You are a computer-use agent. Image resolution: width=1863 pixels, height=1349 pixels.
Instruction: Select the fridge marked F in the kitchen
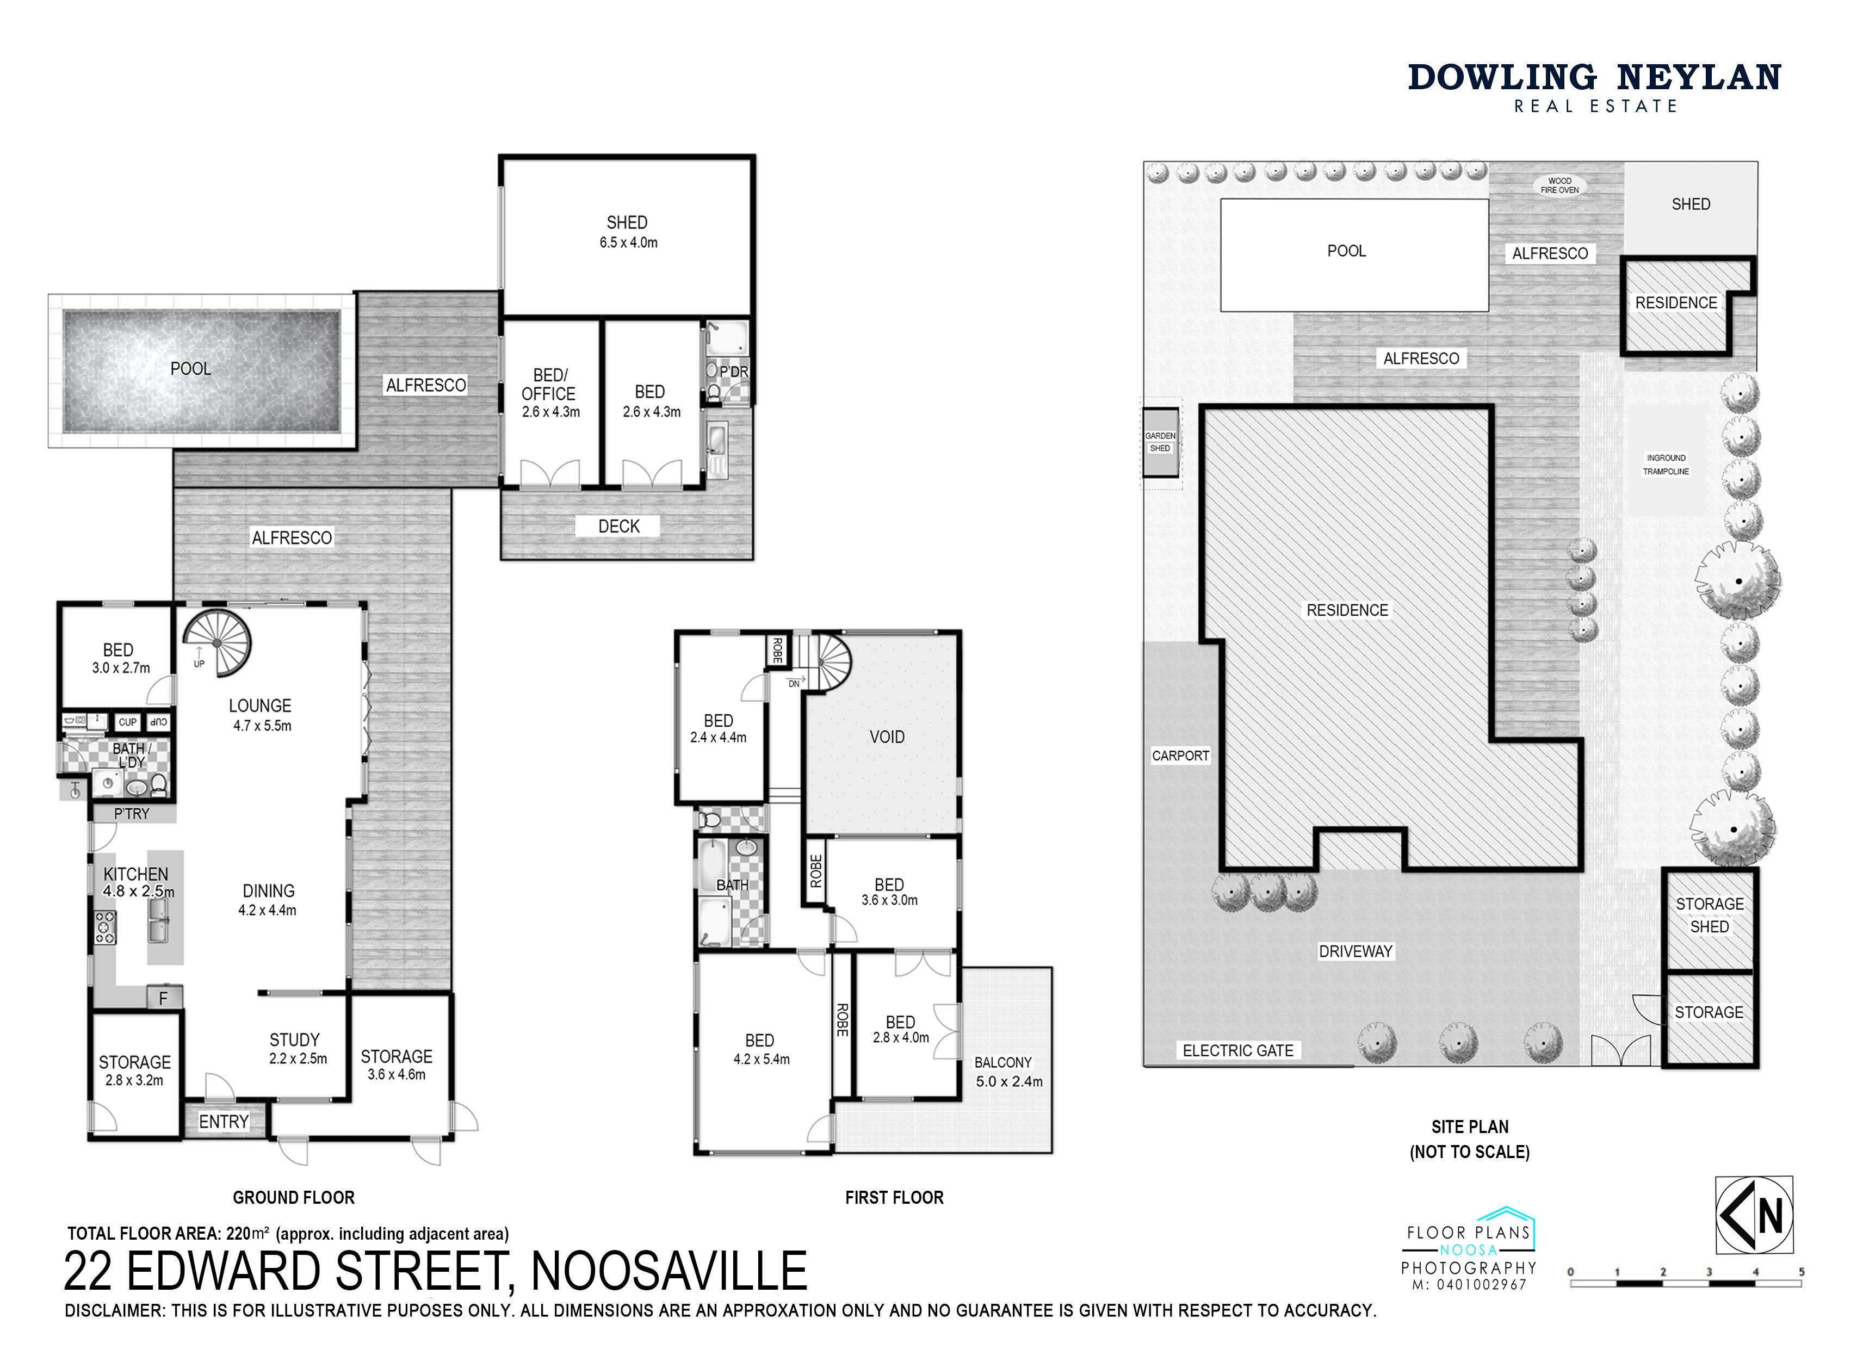pos(164,998)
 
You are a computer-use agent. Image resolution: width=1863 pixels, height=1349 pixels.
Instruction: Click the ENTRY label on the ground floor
pos(224,1122)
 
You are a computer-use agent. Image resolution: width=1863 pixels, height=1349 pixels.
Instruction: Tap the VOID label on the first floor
pos(887,737)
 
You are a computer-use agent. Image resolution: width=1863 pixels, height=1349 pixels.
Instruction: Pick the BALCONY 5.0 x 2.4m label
pos(1008,1072)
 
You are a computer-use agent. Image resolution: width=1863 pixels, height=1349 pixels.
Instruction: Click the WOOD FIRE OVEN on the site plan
pos(1559,185)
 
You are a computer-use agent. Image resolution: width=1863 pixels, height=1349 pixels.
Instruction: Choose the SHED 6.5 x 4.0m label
pos(628,232)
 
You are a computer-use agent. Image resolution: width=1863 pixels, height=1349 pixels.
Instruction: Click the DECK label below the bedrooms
pos(618,527)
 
